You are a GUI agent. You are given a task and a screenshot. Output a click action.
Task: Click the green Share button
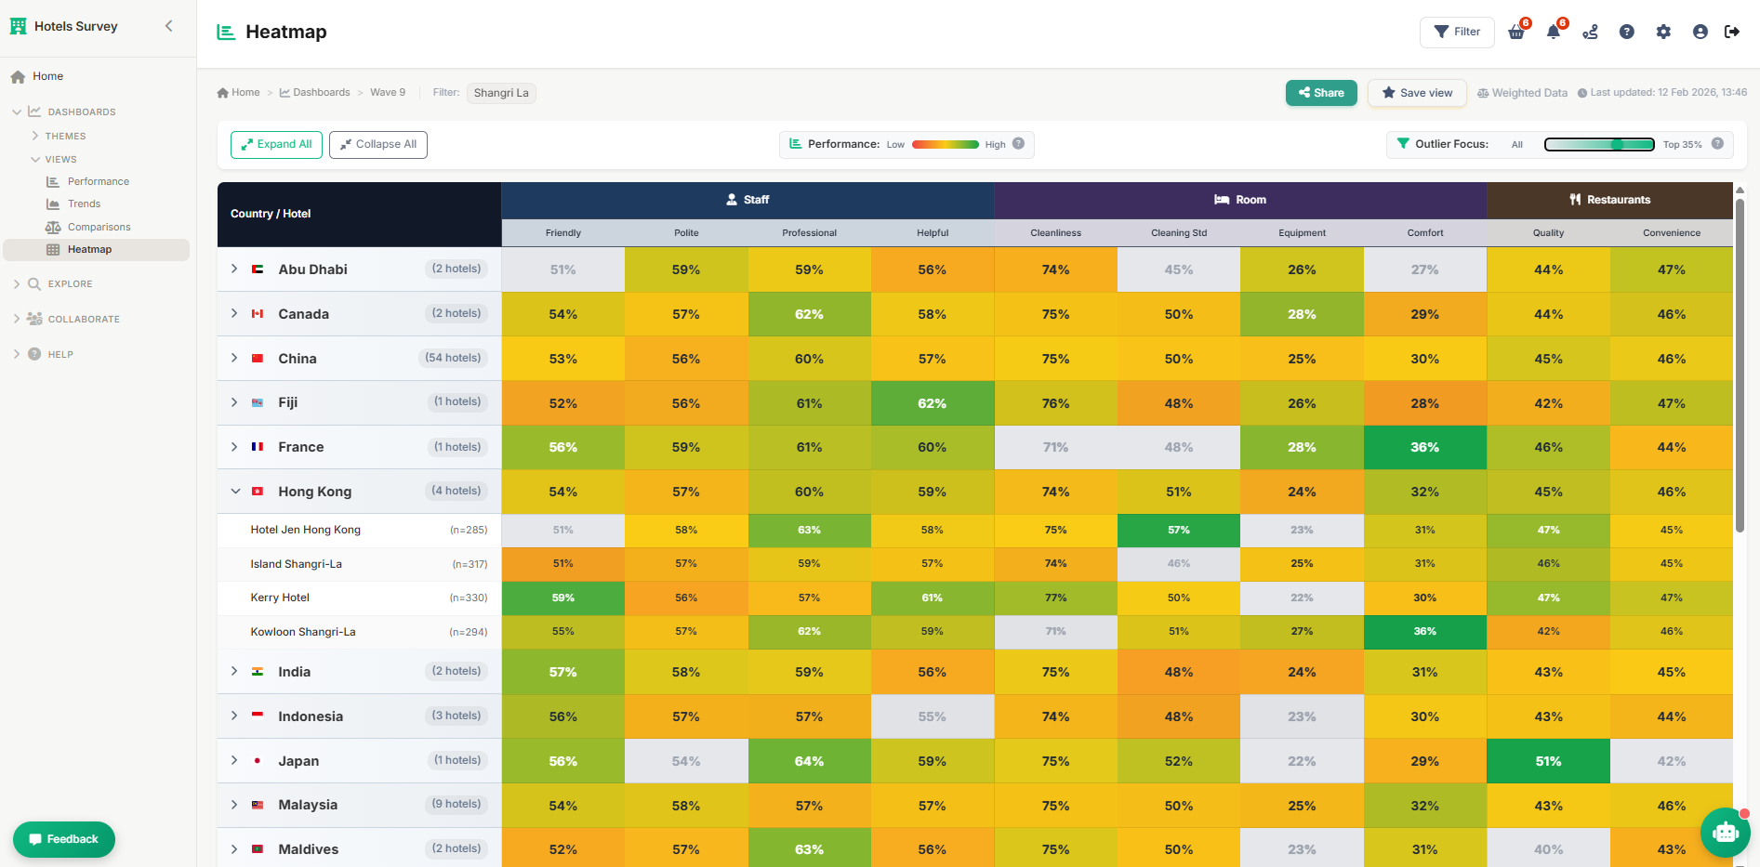[x=1321, y=93]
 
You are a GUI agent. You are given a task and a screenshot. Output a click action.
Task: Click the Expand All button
[x=276, y=145]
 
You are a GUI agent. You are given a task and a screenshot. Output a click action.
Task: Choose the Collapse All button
[x=377, y=145]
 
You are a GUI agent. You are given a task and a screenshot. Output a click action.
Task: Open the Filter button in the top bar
[x=1456, y=32]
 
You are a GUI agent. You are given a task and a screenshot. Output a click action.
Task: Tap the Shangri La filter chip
[x=501, y=93]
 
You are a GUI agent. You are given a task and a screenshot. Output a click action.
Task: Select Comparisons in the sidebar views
[x=99, y=227]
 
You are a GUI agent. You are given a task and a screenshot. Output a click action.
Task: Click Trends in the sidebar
[x=84, y=204]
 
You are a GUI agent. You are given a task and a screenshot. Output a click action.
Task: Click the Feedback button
[x=64, y=839]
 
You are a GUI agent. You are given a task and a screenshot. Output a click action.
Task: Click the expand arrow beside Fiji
[x=234, y=402]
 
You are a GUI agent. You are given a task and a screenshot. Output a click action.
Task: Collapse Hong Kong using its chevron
[x=235, y=492]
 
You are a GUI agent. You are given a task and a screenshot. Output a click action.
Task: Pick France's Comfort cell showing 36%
[x=1424, y=447]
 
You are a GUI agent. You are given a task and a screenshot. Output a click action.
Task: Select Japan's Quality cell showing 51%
[x=1547, y=761]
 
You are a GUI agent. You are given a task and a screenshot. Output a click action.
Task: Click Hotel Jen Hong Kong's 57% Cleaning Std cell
[x=1178, y=530]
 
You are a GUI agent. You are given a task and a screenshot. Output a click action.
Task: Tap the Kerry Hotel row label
[x=280, y=598]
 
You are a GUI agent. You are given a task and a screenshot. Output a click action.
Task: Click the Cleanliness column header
[x=1055, y=233]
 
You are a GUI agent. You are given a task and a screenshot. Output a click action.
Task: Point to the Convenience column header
[x=1671, y=233]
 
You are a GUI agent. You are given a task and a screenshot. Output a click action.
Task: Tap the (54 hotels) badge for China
[x=453, y=358]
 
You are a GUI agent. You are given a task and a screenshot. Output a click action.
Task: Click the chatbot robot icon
[x=1725, y=833]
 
